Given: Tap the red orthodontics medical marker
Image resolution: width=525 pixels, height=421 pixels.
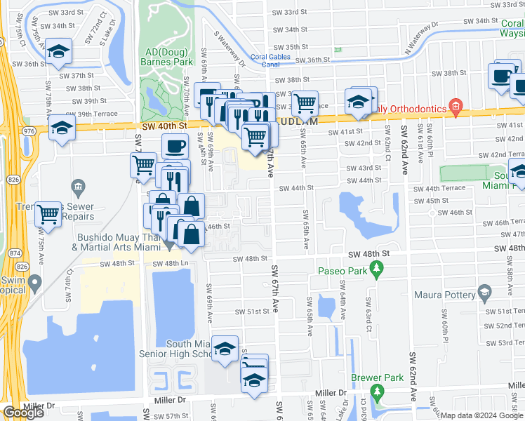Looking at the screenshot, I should click(x=456, y=107).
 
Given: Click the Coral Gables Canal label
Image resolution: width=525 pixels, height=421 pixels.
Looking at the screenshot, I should click(x=270, y=59).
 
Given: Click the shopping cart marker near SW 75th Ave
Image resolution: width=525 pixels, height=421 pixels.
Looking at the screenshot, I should click(x=49, y=213).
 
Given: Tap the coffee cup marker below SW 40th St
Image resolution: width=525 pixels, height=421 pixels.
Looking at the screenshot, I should click(x=175, y=146).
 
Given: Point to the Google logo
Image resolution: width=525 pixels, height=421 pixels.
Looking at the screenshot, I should click(x=23, y=413).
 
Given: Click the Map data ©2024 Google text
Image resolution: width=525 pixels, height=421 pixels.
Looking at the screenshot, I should click(x=481, y=415).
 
